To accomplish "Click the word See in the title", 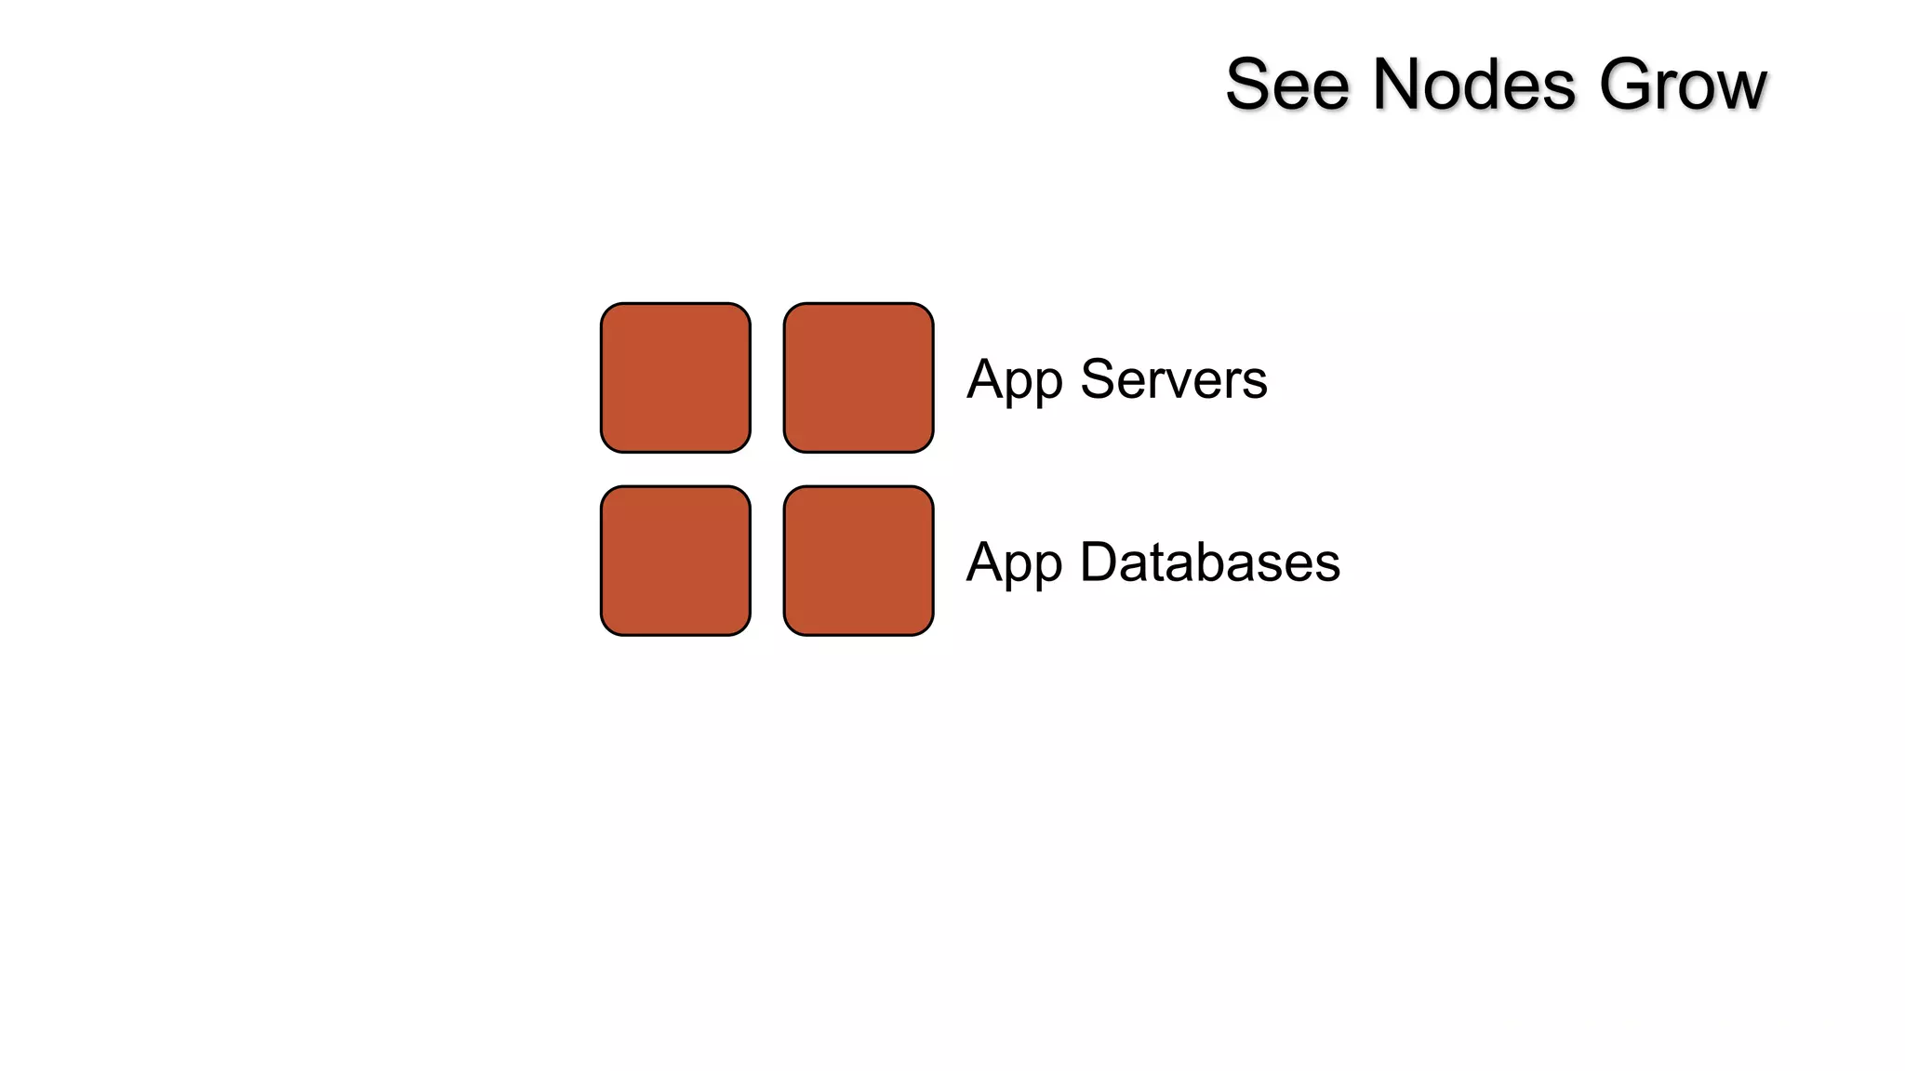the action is (1287, 85).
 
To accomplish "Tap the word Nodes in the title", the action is (1474, 85).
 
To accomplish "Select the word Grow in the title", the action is (1682, 85).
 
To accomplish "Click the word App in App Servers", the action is (1014, 380).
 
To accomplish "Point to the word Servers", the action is (1174, 379).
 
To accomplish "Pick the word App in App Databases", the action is (1014, 563).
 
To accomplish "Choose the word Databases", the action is (1210, 562).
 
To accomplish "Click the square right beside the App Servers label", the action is (859, 377).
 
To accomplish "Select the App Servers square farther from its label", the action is (675, 377).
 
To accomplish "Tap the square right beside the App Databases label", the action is (859, 561).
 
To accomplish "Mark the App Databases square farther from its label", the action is (675, 561).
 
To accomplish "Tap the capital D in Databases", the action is (1099, 562).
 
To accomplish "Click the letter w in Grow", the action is (1740, 89).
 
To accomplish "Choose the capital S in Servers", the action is (1099, 379).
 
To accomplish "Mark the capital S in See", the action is (1249, 85).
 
